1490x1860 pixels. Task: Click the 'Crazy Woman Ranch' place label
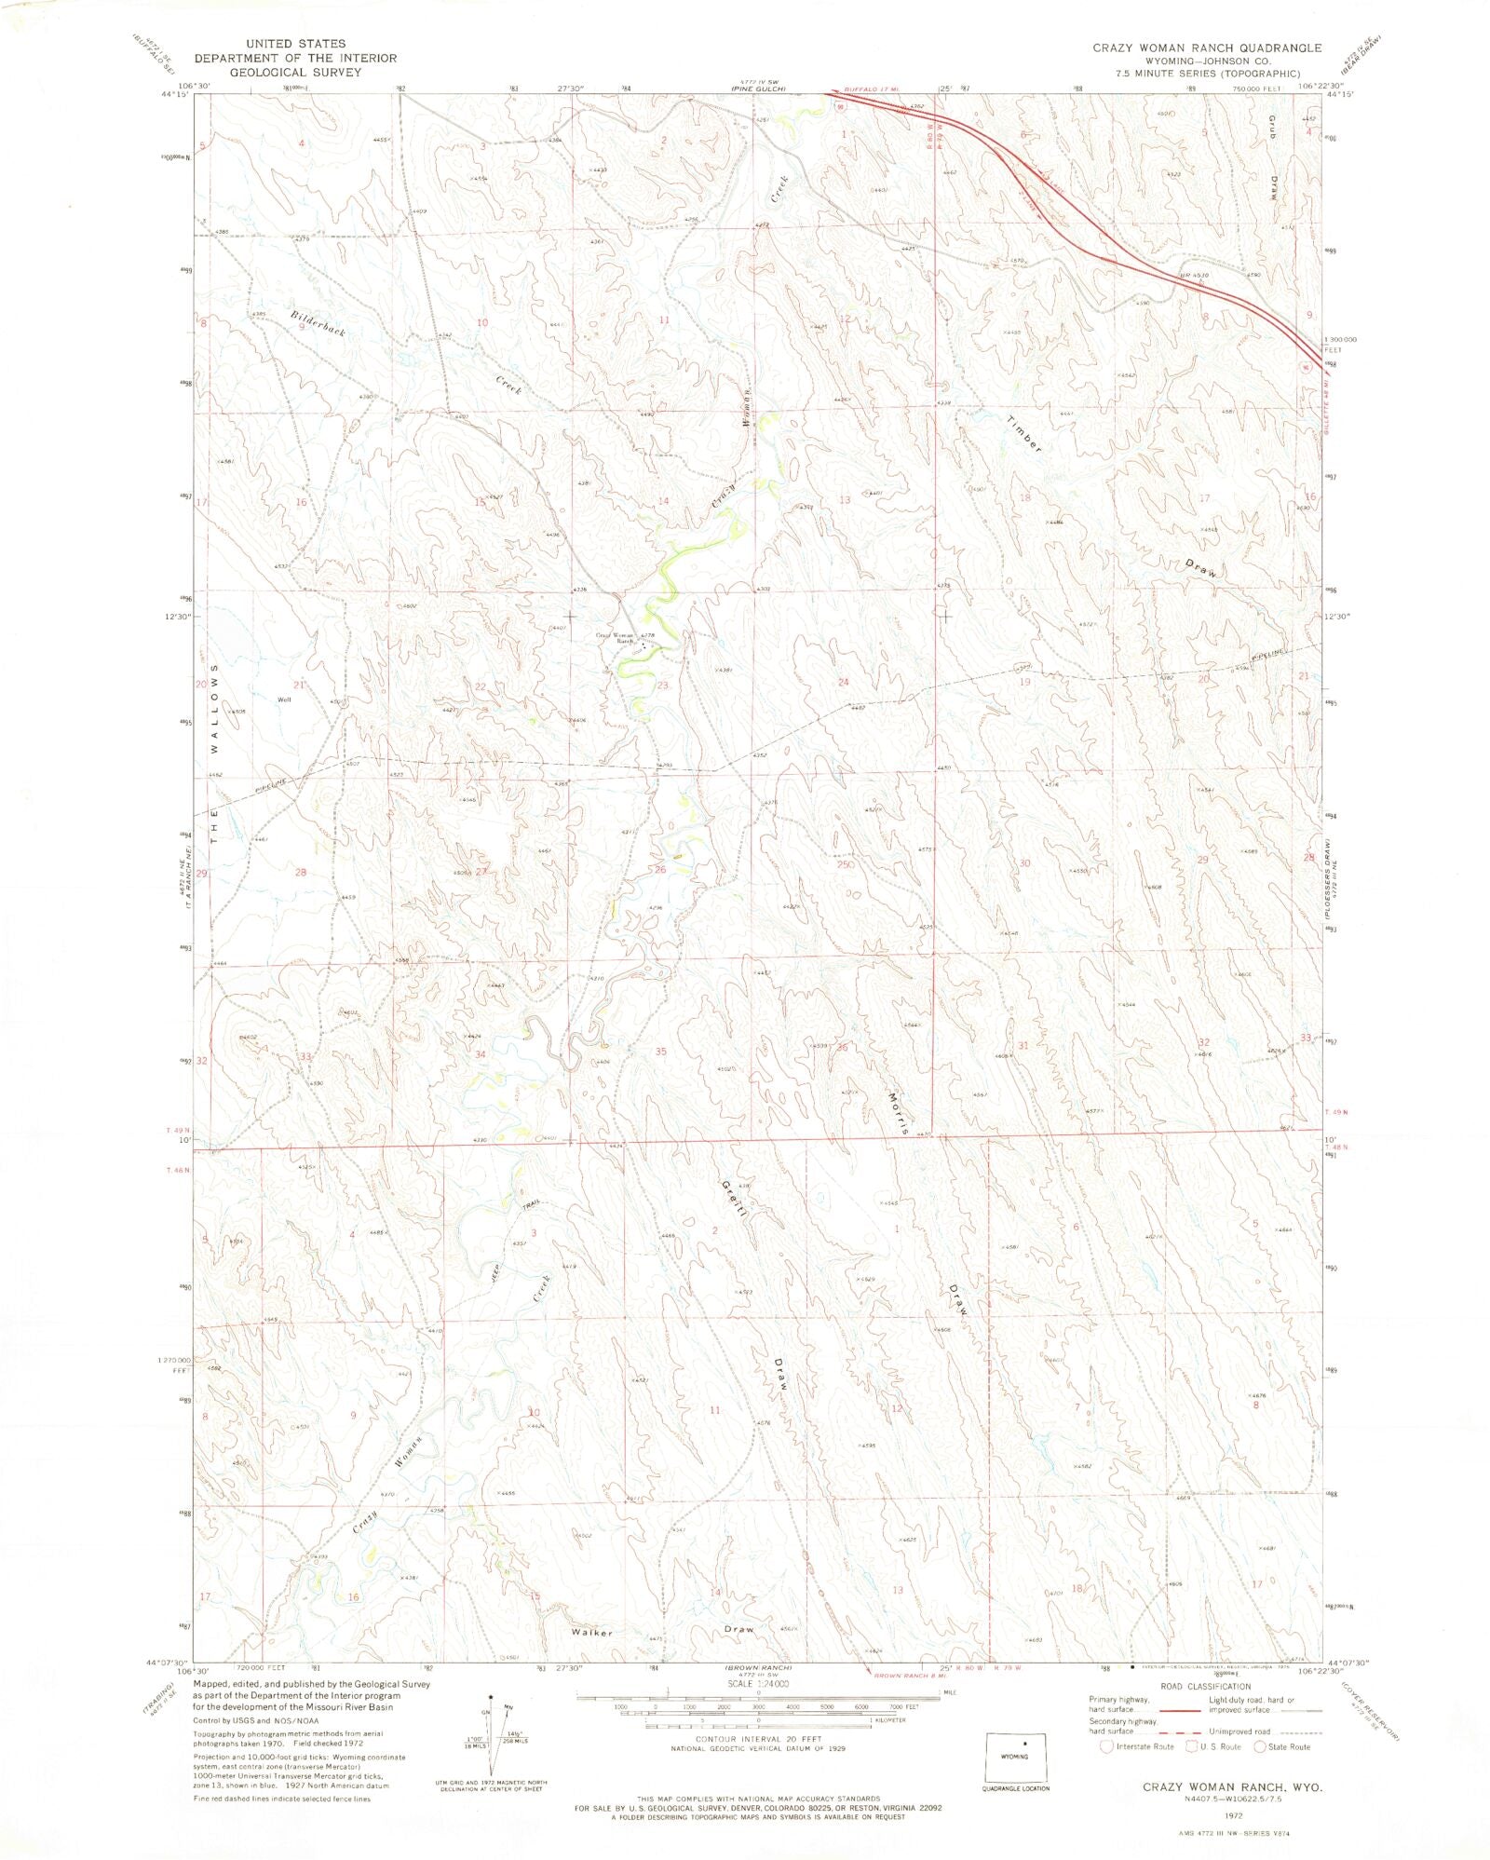point(616,638)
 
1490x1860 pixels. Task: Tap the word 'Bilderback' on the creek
point(318,323)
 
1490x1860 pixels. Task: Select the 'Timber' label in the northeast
point(1023,433)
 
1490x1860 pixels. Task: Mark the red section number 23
point(663,686)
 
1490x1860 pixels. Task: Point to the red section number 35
point(660,1052)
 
